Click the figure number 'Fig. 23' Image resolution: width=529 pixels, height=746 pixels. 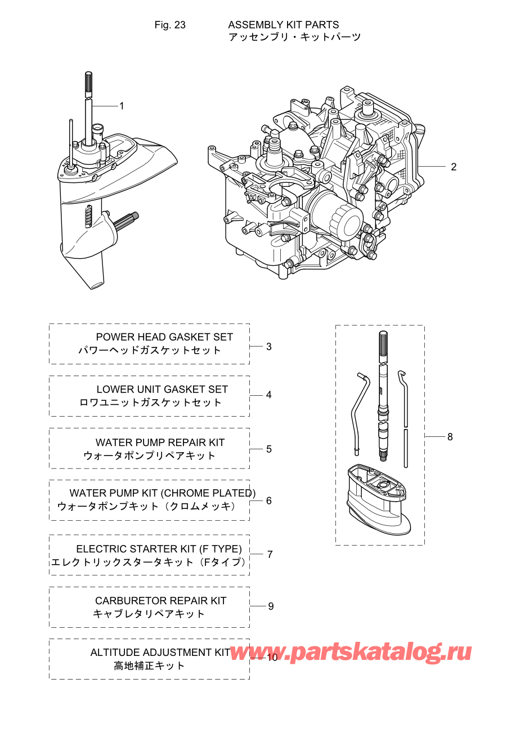(170, 25)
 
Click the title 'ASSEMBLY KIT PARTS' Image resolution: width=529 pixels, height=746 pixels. (283, 25)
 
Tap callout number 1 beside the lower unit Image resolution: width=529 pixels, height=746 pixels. (122, 106)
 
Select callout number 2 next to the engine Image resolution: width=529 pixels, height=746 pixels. (454, 167)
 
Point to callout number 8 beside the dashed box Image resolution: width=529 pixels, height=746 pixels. (450, 436)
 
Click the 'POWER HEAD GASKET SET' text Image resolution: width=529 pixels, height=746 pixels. (164, 337)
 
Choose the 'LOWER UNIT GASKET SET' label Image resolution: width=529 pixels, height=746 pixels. (162, 389)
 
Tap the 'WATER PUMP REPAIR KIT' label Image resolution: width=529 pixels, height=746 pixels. (160, 443)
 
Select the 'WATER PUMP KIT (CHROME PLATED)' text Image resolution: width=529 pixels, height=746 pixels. (162, 493)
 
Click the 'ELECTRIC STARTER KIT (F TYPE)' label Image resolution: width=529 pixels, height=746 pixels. (159, 548)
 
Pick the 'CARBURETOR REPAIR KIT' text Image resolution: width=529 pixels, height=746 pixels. (160, 601)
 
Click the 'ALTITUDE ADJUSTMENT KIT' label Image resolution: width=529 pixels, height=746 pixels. (160, 652)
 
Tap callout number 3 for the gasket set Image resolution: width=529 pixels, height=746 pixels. (269, 346)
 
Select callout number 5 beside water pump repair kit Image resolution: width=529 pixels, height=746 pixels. (269, 449)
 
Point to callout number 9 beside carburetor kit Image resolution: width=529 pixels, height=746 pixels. (271, 606)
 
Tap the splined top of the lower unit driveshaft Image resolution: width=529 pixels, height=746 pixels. (88, 84)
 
